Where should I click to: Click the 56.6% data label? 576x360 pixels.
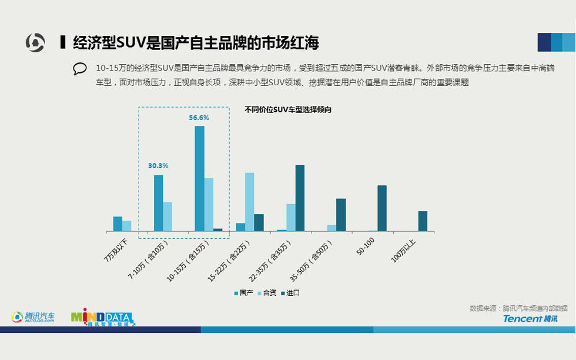pos(199,118)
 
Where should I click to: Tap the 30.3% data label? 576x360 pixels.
pos(158,166)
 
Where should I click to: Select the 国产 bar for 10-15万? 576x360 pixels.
pos(200,178)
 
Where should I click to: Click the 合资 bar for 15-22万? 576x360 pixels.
pos(250,202)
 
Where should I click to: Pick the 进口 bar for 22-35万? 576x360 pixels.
pos(300,198)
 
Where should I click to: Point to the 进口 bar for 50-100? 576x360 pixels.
pos(382,208)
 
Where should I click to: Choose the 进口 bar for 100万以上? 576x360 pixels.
pos(423,221)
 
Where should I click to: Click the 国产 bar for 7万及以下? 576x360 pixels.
pos(118,224)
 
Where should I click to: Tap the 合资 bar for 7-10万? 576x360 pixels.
pos(168,216)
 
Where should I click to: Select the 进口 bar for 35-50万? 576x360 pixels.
pos(341,215)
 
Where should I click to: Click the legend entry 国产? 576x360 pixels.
pos(243,293)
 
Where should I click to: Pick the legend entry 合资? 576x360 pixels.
pos(266,293)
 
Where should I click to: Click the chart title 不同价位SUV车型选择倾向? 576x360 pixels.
pos(288,109)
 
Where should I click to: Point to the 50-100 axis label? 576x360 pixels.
pos(365,246)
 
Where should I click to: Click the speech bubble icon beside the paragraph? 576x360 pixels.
pos(80,69)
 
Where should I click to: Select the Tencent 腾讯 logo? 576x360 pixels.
pos(530,318)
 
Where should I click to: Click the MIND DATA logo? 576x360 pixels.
pos(102,318)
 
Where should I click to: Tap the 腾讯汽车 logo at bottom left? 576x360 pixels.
pos(34,317)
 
